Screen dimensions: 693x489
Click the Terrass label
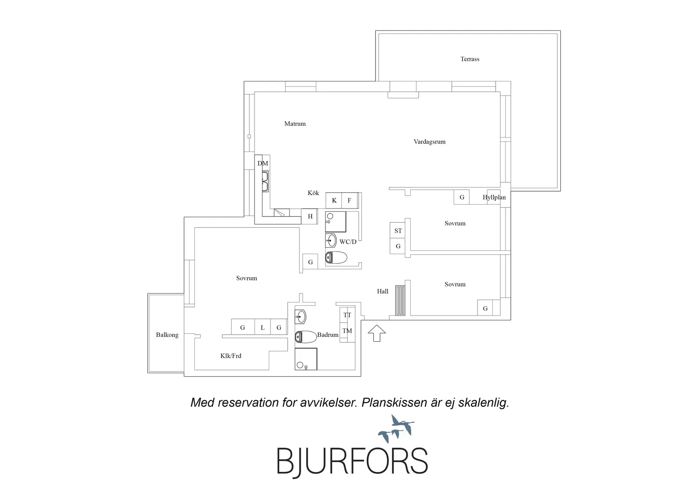pyautogui.click(x=470, y=59)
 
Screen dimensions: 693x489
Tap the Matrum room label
pyautogui.click(x=295, y=124)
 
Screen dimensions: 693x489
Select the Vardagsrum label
pyautogui.click(x=429, y=142)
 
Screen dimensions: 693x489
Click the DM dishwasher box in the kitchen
pyautogui.click(x=262, y=163)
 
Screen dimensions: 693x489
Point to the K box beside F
pyautogui.click(x=334, y=200)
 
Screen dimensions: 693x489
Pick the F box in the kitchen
pyautogui.click(x=349, y=200)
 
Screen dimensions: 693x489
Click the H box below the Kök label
pyautogui.click(x=310, y=216)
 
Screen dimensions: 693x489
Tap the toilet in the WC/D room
pyautogui.click(x=336, y=258)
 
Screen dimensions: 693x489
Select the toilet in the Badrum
pyautogui.click(x=306, y=337)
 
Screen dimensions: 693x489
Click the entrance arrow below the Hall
pyautogui.click(x=376, y=333)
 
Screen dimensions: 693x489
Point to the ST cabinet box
pyautogui.click(x=398, y=230)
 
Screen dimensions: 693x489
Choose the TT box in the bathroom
pyautogui.click(x=347, y=315)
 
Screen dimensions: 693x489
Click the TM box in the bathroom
pyautogui.click(x=347, y=331)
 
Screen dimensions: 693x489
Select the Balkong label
pyautogui.click(x=167, y=335)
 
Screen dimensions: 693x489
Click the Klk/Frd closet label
pyautogui.click(x=231, y=356)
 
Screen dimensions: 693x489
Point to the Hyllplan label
pyautogui.click(x=494, y=198)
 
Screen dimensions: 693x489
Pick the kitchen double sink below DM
pyautogui.click(x=265, y=182)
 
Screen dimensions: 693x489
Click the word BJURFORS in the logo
pyautogui.click(x=352, y=461)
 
